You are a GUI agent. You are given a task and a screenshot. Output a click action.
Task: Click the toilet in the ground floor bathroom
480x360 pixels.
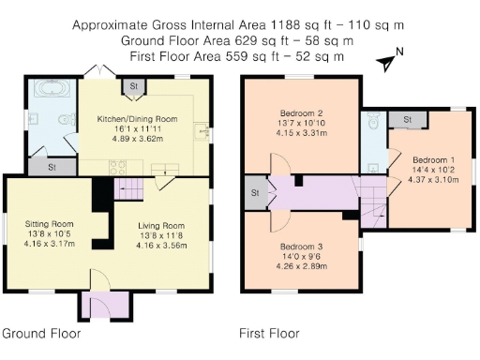tap(67, 120)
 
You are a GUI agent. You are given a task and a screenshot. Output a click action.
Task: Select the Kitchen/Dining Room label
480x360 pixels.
tap(138, 119)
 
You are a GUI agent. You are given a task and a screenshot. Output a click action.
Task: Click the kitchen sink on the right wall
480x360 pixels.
tap(201, 130)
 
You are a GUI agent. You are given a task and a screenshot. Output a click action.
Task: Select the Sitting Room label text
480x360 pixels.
tap(49, 223)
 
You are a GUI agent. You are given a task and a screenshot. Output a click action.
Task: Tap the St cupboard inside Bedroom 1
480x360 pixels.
tap(407, 119)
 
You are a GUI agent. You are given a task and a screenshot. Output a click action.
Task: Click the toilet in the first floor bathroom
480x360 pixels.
tap(372, 121)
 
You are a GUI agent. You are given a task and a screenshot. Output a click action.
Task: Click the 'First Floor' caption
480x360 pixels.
tap(269, 334)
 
